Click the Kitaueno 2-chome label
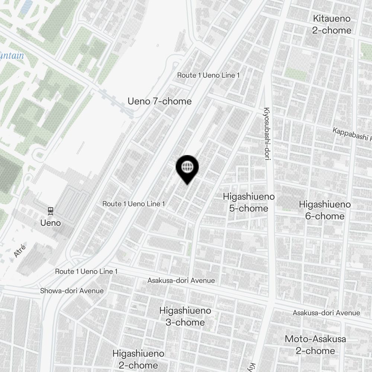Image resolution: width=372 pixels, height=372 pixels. tap(331, 24)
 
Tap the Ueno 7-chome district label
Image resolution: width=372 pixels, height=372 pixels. tap(160, 101)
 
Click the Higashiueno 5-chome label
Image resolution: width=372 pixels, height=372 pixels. tap(248, 202)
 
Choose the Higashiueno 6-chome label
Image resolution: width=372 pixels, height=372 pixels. tap(325, 210)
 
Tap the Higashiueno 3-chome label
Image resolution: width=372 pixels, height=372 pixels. tap(185, 316)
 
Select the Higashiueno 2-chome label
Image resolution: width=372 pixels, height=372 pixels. tap(138, 359)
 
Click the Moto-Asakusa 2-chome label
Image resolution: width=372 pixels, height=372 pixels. tap(315, 345)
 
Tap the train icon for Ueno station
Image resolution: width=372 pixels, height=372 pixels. tap(51, 211)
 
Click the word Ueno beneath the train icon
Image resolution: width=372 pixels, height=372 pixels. tap(51, 223)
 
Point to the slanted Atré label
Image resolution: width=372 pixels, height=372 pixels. tap(20, 250)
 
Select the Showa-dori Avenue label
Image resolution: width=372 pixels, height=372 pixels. tap(72, 291)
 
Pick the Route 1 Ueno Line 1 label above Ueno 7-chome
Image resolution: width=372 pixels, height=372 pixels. tap(208, 75)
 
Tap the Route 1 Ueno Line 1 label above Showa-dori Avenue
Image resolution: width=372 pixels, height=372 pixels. tap(86, 271)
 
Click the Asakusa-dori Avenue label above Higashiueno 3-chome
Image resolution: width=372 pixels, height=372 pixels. tap(181, 280)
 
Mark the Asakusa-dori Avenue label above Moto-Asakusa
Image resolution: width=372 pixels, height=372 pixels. tap(326, 313)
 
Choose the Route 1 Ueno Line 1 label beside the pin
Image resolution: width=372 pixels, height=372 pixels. tap(134, 204)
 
